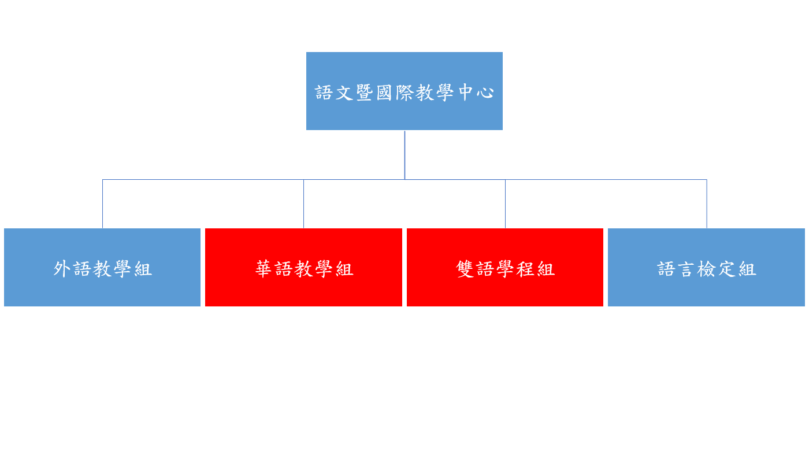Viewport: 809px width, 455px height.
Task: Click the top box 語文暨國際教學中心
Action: click(x=404, y=91)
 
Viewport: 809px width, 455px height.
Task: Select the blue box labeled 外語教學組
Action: click(x=102, y=268)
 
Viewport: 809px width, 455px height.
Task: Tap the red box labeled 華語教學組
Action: click(x=303, y=268)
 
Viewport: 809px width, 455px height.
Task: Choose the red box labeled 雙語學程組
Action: click(x=505, y=268)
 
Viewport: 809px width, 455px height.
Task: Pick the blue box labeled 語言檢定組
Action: click(x=706, y=268)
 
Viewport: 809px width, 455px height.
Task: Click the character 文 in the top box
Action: click(x=344, y=93)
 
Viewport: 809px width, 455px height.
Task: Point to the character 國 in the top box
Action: click(x=384, y=93)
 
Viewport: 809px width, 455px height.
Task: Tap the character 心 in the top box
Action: click(x=485, y=93)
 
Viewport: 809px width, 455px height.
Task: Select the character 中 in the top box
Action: click(x=466, y=93)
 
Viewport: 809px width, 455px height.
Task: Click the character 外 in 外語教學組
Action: click(x=62, y=269)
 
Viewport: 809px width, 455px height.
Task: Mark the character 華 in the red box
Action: click(x=264, y=269)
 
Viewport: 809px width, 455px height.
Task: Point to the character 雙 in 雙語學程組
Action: click(x=465, y=269)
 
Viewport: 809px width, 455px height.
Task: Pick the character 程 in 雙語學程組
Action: click(x=525, y=269)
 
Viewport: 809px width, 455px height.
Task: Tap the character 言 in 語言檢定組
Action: click(x=686, y=269)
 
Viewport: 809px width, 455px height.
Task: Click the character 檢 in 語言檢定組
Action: click(x=707, y=269)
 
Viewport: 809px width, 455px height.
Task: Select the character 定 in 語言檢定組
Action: click(x=727, y=269)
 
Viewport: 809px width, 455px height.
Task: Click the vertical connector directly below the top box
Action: click(x=404, y=155)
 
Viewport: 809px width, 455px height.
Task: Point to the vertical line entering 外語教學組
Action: click(x=103, y=204)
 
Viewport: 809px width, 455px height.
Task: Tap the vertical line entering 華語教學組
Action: click(x=303, y=204)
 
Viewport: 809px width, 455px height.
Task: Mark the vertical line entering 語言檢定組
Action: click(x=707, y=204)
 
